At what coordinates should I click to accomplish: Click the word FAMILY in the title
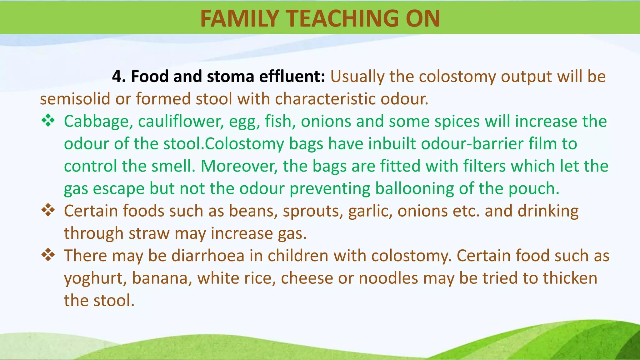239,18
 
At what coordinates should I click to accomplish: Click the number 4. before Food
119,77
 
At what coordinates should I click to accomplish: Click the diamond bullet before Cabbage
48,121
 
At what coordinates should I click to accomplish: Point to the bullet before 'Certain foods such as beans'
48,210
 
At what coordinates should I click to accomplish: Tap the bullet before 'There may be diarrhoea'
48,255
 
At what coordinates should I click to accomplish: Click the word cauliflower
181,121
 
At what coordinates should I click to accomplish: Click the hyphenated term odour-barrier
472,144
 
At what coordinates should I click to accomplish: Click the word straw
149,233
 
